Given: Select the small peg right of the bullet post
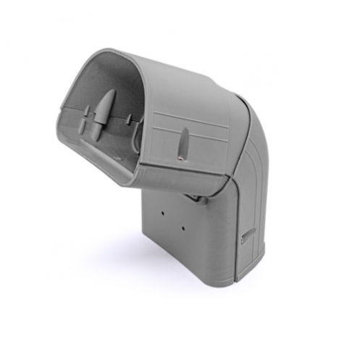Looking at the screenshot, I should (x=129, y=120).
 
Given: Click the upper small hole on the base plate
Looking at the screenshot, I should (x=163, y=214).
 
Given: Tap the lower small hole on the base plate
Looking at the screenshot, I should (x=183, y=229).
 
